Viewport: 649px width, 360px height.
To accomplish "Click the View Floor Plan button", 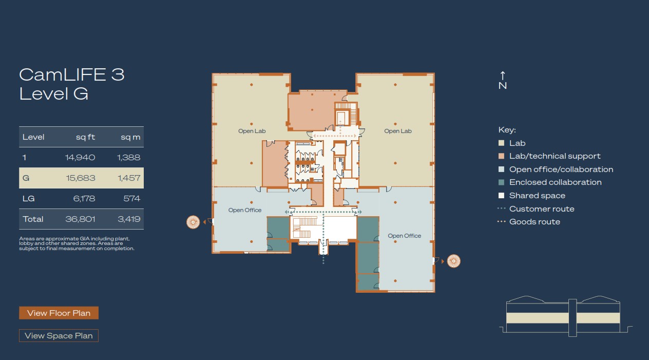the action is coord(59,313).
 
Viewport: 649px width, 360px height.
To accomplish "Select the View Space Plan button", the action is coord(59,336).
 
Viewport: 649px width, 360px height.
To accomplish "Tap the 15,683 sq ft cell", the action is coord(81,178).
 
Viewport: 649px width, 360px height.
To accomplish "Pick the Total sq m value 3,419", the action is coord(129,219).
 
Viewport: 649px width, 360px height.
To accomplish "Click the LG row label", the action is coord(28,199).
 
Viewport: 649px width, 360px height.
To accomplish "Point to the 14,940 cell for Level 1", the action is coord(80,157).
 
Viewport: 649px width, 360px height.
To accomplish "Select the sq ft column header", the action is coord(85,137).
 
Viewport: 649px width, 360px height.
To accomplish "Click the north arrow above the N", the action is coord(503,75).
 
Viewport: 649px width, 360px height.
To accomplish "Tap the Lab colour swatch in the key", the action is coord(501,143).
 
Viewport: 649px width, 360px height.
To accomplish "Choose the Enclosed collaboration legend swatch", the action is coord(501,182).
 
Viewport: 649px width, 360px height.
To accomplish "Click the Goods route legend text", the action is coord(535,222).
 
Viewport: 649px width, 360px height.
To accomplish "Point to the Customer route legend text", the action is coord(542,209).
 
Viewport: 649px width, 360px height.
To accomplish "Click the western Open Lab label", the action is coord(252,131).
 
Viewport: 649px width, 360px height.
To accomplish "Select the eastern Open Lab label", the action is coord(398,131).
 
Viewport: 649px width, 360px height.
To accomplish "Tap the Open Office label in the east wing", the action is coord(405,236).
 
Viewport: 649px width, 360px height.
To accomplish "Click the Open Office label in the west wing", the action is coord(245,210).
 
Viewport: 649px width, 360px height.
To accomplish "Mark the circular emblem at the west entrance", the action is coord(193,222).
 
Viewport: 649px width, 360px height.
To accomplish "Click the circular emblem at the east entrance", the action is coord(454,261).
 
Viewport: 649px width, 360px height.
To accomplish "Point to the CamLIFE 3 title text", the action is coord(72,75).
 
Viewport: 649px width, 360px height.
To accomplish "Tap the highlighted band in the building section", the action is coord(563,318).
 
